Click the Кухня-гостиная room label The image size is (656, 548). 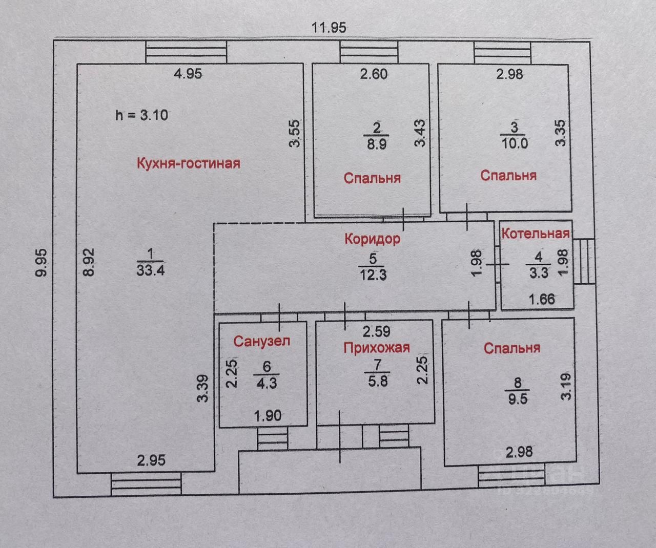[x=188, y=163]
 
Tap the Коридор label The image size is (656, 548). [x=372, y=239]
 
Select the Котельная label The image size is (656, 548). [x=535, y=234]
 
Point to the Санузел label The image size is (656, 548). [x=261, y=341]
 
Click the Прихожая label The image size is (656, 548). [x=376, y=348]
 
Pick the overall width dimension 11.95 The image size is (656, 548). [x=329, y=27]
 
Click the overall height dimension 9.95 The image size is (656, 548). [x=42, y=262]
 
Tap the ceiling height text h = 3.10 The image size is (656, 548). [x=141, y=115]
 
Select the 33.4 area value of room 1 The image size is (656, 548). [x=150, y=270]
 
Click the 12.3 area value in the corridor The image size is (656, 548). [x=373, y=275]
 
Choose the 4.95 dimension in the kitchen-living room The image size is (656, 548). [x=188, y=74]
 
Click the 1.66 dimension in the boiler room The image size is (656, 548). [x=541, y=298]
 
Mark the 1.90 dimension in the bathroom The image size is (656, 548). [x=268, y=415]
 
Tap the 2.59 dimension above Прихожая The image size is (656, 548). [x=377, y=331]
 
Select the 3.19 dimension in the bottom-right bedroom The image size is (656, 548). [x=566, y=386]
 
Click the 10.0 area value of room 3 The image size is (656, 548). [x=515, y=143]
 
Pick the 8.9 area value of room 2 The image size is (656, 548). [x=377, y=144]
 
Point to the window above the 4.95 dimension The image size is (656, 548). [x=186, y=52]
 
